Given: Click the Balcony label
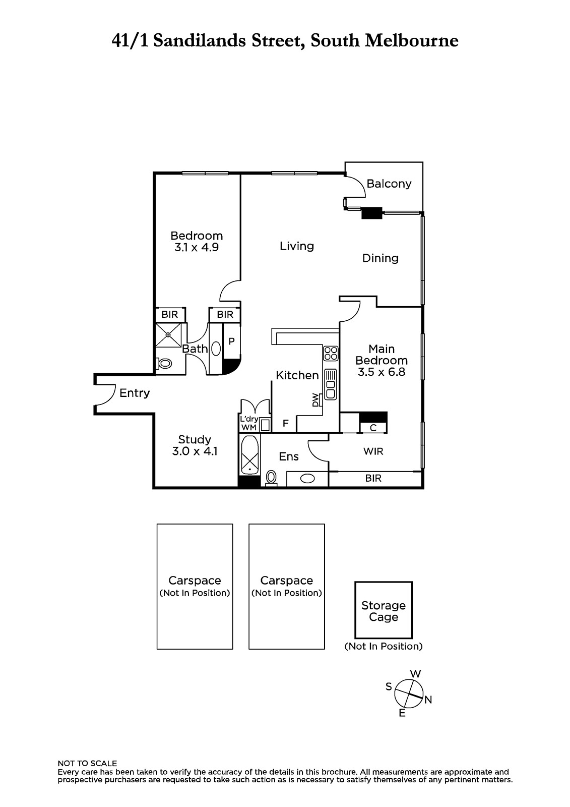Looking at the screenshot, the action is (389, 184).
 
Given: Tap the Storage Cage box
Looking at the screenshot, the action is (384, 610).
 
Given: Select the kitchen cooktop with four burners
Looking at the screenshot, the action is (331, 354).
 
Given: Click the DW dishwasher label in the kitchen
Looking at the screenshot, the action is (315, 400).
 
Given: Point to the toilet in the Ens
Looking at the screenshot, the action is (271, 478).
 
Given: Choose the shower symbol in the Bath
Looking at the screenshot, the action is (168, 335).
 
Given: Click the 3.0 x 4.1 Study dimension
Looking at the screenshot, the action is (195, 451).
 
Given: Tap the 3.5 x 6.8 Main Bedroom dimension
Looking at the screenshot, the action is (382, 372).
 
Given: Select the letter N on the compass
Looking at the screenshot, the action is (428, 700).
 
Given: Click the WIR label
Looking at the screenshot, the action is (373, 451).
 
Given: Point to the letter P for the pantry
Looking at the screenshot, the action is (231, 341).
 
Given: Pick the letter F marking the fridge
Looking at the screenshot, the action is (286, 423).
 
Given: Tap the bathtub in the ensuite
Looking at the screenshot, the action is (249, 455).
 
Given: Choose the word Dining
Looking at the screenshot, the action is (380, 258).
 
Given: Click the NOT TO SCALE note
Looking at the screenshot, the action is (87, 764).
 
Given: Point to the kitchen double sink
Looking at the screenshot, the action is (331, 384).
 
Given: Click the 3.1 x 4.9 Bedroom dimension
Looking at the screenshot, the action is (197, 248).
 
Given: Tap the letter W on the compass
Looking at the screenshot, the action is (415, 673).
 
